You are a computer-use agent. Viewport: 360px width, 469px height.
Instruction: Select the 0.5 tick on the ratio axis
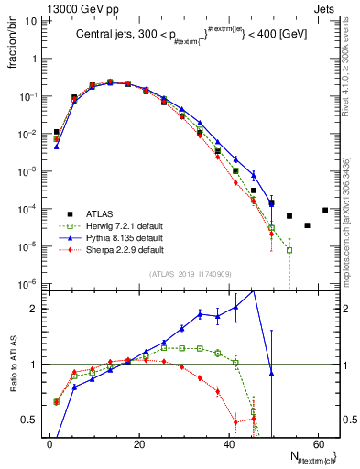click(32, 420)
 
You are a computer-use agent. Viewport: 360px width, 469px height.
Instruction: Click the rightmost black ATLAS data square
click(325, 210)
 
